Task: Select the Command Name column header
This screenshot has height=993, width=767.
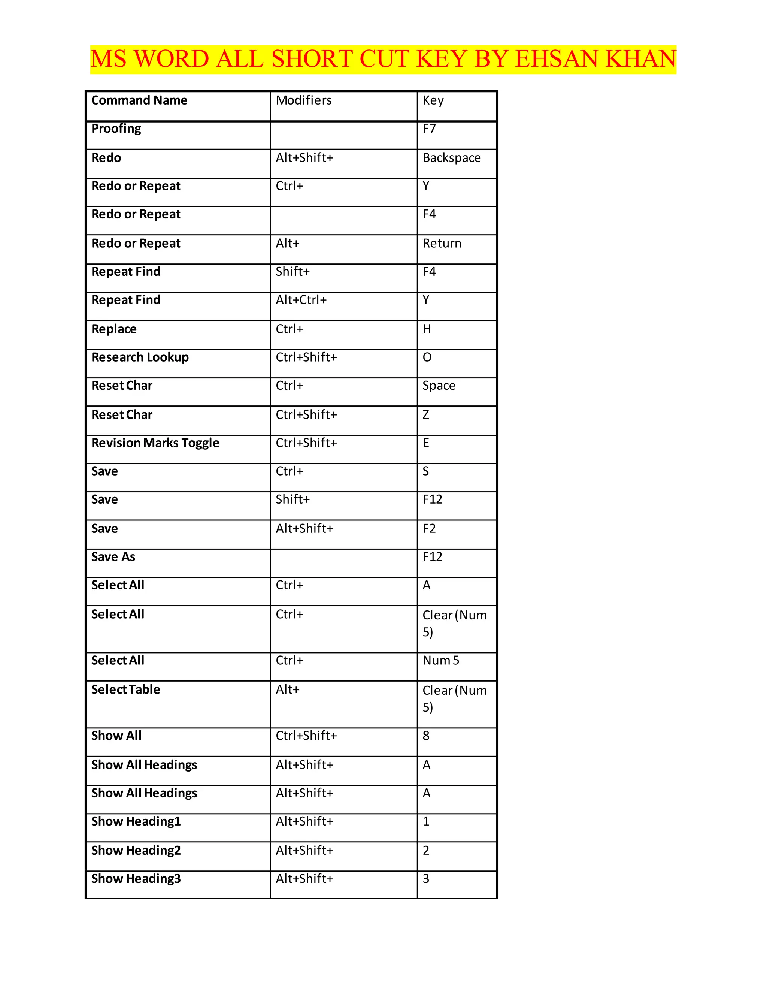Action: (139, 100)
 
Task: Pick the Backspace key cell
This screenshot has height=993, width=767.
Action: (451, 158)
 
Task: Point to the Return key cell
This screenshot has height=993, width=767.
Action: (442, 244)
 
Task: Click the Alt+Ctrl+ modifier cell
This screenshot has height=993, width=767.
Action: (301, 300)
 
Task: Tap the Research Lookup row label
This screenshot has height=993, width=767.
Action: (140, 357)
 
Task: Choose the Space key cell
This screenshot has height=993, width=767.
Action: (439, 386)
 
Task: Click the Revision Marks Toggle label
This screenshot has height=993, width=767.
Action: (155, 443)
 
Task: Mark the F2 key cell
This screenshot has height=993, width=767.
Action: (429, 529)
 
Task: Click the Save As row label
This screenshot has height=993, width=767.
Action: (113, 557)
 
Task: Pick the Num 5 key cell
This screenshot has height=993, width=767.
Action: (441, 661)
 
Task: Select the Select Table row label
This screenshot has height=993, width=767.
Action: (125, 690)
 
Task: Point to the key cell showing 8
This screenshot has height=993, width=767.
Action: (426, 736)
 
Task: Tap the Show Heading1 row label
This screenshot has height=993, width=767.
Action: (136, 822)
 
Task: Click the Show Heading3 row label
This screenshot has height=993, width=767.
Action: (136, 879)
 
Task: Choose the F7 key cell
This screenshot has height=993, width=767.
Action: (429, 129)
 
